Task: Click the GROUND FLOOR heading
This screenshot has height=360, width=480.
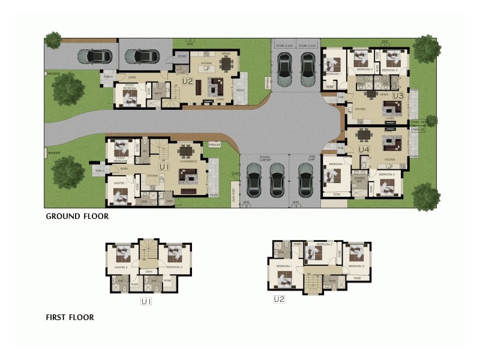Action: [x=77, y=217]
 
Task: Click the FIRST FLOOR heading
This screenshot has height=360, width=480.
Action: [x=70, y=317]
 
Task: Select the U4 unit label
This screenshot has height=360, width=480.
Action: [x=364, y=149]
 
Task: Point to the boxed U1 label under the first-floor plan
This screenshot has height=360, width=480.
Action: [x=146, y=301]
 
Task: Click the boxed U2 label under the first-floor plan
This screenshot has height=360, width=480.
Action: [x=278, y=299]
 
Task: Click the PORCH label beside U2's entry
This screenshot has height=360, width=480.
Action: [x=108, y=77]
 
